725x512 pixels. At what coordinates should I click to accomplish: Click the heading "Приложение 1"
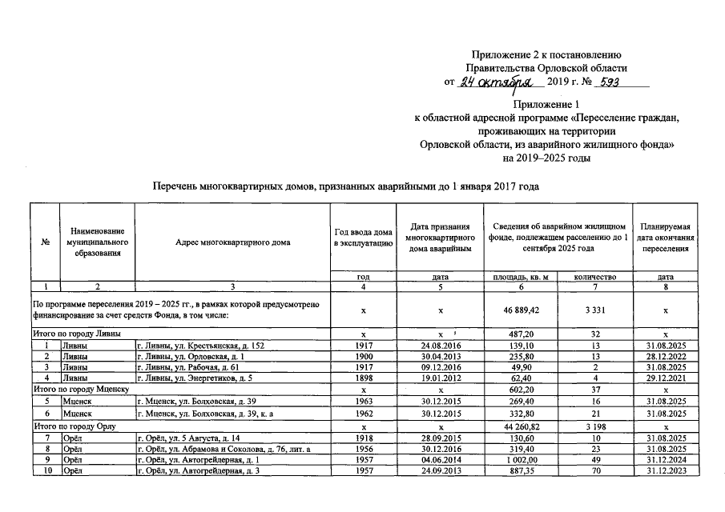coord(546,105)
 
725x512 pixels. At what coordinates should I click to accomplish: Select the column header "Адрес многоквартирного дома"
coord(233,242)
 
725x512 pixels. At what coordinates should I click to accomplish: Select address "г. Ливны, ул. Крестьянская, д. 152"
coord(200,346)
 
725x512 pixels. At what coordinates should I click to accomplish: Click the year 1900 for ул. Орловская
coord(363,357)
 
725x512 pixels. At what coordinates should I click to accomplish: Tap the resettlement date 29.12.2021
coord(665,379)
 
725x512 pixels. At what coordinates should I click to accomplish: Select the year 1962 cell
coord(363,414)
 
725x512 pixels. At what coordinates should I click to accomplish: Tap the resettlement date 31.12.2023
coord(665,474)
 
